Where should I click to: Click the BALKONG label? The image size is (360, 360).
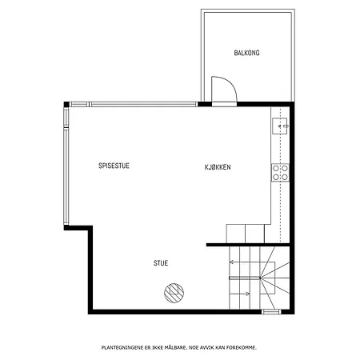(x=246, y=53)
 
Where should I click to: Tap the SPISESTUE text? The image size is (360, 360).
(x=114, y=166)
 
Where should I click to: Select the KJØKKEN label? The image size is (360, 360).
(x=218, y=167)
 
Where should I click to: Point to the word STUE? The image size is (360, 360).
(x=161, y=263)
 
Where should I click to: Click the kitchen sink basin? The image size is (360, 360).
(x=280, y=126)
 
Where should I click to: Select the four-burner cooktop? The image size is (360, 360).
(x=280, y=173)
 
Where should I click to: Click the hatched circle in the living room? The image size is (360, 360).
(x=174, y=293)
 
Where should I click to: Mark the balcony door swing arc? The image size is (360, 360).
(x=230, y=82)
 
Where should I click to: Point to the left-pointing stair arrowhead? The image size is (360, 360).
(x=231, y=262)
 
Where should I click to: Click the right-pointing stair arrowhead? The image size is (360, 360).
(x=248, y=294)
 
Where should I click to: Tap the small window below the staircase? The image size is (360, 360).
(x=271, y=312)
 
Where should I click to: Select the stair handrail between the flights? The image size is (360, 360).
(x=244, y=278)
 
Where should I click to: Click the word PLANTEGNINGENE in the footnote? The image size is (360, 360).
(x=122, y=347)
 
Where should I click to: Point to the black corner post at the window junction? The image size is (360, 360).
(x=66, y=104)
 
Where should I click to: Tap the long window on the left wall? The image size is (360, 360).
(x=66, y=166)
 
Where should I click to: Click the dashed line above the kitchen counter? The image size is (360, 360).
(x=281, y=174)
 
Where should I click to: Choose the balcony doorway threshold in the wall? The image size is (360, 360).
(x=224, y=104)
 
